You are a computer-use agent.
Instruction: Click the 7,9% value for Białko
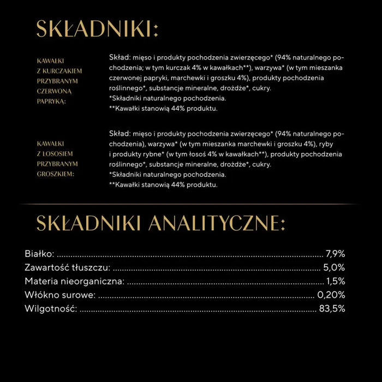(x=335, y=254)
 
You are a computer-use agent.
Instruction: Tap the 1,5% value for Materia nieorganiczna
(x=335, y=282)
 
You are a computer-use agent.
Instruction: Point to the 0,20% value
(x=331, y=295)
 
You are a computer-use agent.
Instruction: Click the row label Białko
(x=39, y=254)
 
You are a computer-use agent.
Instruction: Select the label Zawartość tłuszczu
(x=68, y=267)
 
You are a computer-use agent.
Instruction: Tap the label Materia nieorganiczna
(x=75, y=282)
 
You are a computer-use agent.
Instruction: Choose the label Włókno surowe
(x=60, y=295)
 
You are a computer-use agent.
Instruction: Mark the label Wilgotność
(x=51, y=309)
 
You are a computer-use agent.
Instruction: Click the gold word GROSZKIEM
(x=57, y=174)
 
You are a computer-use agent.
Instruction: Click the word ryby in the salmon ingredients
(x=329, y=144)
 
